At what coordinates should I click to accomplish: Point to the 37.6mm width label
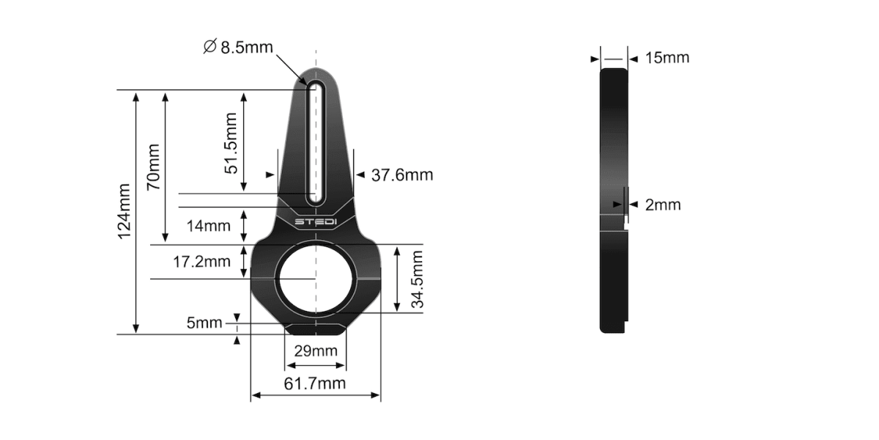[402, 175]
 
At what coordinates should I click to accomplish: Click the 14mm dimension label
[208, 226]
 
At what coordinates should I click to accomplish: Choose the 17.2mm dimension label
[201, 261]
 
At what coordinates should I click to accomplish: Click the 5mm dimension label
[204, 323]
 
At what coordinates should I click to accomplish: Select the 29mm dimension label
[315, 351]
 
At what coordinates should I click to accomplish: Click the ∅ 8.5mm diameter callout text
[237, 48]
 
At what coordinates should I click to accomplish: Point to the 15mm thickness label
[667, 57]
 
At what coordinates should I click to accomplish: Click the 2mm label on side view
[662, 205]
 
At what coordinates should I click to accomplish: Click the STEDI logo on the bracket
[315, 221]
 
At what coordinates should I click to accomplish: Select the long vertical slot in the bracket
[316, 143]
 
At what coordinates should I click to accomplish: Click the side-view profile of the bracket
[614, 198]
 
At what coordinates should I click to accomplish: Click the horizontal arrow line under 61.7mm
[315, 396]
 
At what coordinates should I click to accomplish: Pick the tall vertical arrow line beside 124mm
[136, 213]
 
